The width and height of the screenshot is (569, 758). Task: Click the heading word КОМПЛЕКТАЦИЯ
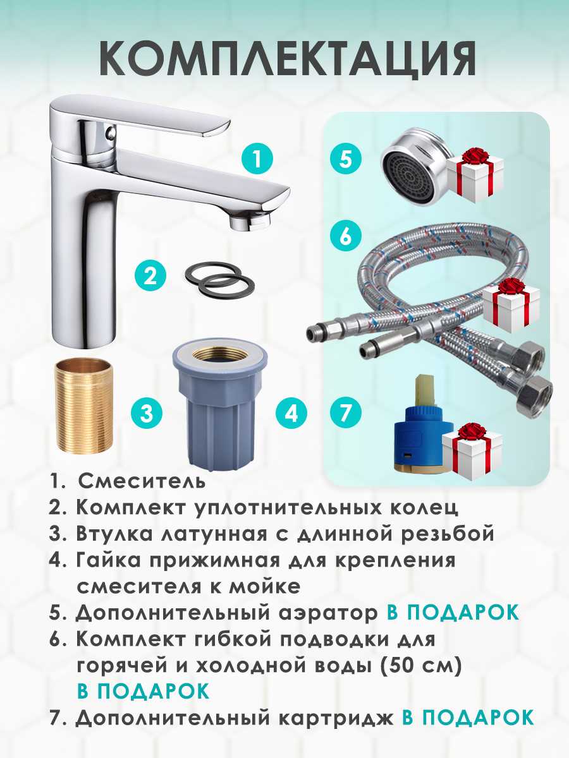288,59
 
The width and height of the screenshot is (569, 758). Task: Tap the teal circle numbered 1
257,159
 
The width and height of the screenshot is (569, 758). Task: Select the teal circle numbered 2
150,276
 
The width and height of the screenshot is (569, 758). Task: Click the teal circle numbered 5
345,160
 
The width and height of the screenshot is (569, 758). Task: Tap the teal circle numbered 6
345,236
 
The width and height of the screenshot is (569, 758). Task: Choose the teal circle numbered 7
345,412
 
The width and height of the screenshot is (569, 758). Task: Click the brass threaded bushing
83,406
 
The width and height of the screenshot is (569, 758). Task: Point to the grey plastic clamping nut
221,408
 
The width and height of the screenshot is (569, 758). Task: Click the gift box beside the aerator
475,175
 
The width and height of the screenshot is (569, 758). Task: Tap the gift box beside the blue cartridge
472,452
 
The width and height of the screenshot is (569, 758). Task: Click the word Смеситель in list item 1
142,481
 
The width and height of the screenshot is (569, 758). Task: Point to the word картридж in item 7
336,718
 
